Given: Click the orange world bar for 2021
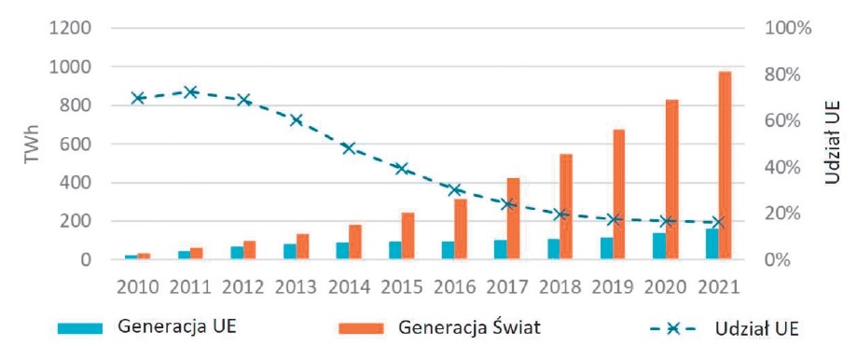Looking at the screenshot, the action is (x=725, y=165).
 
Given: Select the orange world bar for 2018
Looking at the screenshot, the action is (x=566, y=206).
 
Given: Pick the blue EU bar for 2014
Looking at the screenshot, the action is (x=342, y=251).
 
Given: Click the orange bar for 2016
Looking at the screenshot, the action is (x=461, y=228).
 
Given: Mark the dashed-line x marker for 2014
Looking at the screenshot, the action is (x=349, y=148).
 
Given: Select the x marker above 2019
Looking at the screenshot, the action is (x=614, y=219).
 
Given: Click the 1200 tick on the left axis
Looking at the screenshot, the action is (x=72, y=28).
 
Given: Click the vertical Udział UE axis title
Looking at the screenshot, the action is (x=832, y=143).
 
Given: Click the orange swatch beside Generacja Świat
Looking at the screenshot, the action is (x=361, y=327).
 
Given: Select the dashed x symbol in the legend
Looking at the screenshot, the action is (x=673, y=328).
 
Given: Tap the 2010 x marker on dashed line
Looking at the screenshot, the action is (x=138, y=98).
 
